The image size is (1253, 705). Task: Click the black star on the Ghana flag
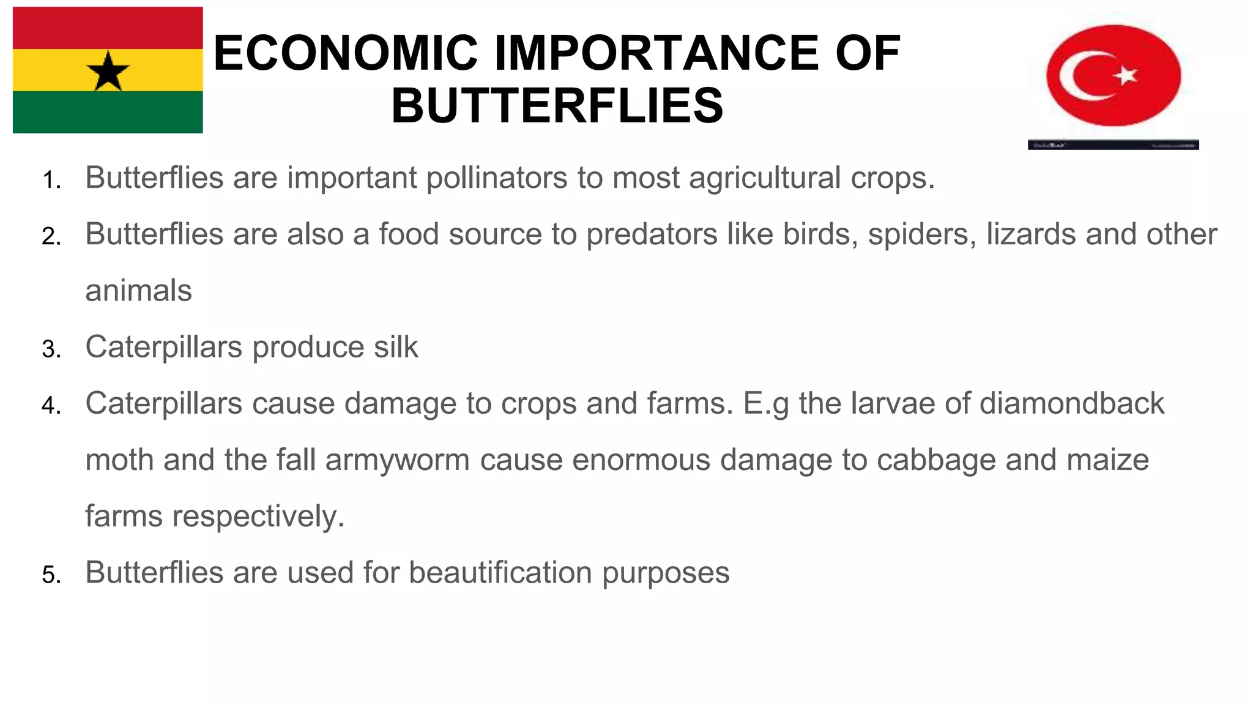(108, 71)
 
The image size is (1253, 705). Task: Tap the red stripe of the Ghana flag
(108, 28)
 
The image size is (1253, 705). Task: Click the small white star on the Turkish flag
(1126, 76)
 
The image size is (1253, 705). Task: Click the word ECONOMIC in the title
(346, 53)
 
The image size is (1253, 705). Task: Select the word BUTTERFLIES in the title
(557, 105)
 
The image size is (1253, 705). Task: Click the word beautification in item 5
(500, 573)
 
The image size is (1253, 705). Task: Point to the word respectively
(258, 517)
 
